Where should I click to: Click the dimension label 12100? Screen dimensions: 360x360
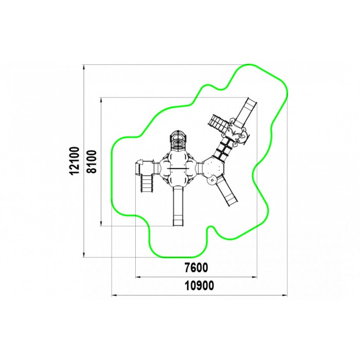click(75, 160)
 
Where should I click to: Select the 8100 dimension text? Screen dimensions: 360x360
click(92, 161)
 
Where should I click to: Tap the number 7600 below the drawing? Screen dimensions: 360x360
click(196, 268)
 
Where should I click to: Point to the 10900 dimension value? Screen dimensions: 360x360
click(200, 286)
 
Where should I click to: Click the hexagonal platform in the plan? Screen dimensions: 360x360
click(213, 168)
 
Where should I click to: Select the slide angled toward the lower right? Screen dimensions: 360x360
click(227, 191)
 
